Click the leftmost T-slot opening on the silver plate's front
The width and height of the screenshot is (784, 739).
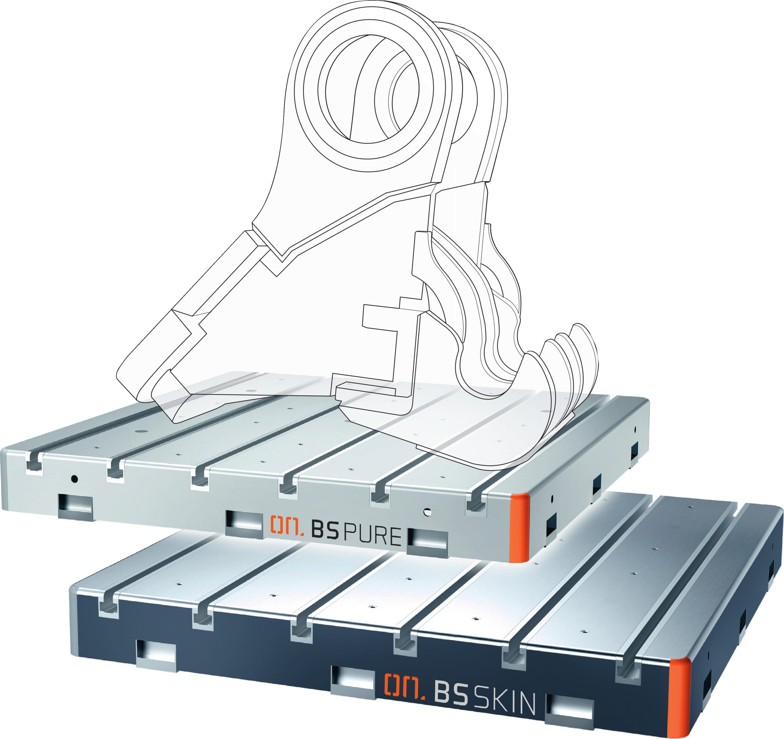[35, 462]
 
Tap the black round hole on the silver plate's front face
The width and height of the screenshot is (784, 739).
[74, 479]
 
